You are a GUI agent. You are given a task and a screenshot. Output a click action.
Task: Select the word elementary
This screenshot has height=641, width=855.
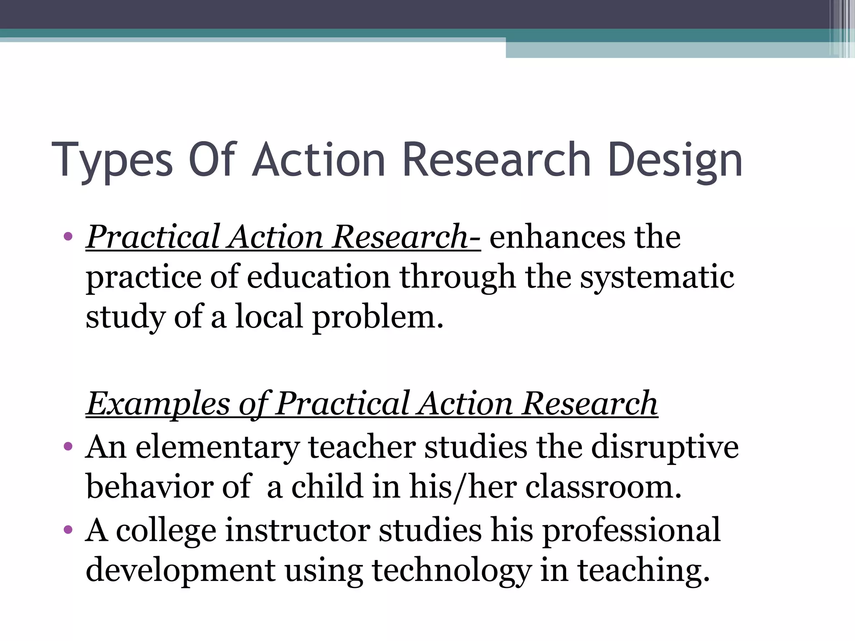point(217,447)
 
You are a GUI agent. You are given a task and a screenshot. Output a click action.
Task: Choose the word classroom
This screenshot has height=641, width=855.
point(603,487)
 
